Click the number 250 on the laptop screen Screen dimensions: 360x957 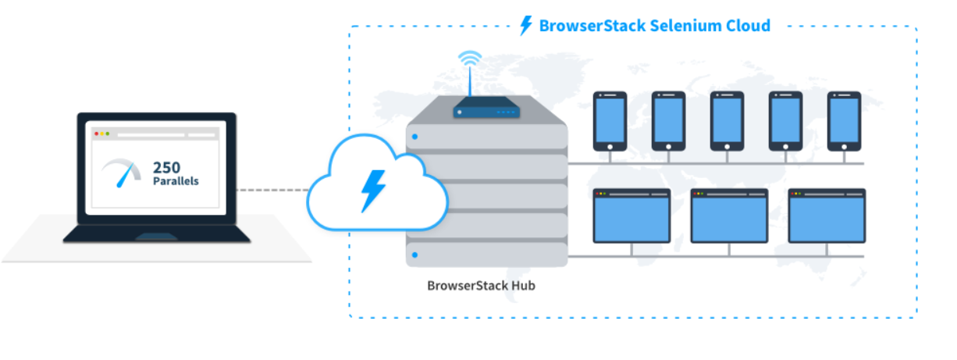pyautogui.click(x=167, y=166)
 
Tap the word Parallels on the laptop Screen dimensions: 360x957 pyautogui.click(x=176, y=181)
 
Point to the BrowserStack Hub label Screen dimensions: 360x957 pyautogui.click(x=481, y=285)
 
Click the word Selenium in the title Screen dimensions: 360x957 pyautogui.click(x=683, y=26)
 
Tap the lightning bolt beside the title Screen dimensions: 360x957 pyautogui.click(x=527, y=26)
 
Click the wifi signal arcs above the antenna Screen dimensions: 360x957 pyautogui.click(x=470, y=59)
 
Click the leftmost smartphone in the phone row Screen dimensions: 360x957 pyautogui.click(x=610, y=121)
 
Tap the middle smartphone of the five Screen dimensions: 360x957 pyautogui.click(x=727, y=121)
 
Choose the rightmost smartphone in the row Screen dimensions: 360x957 pyautogui.click(x=844, y=121)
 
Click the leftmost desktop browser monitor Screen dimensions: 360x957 pyautogui.click(x=631, y=216)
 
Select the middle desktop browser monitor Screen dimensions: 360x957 pyautogui.click(x=729, y=216)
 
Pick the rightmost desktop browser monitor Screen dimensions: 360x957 pyautogui.click(x=827, y=216)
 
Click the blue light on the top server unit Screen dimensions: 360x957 pyautogui.click(x=414, y=137)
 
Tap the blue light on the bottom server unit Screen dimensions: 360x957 pyautogui.click(x=414, y=255)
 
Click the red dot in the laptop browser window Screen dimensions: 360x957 pyautogui.click(x=97, y=134)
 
